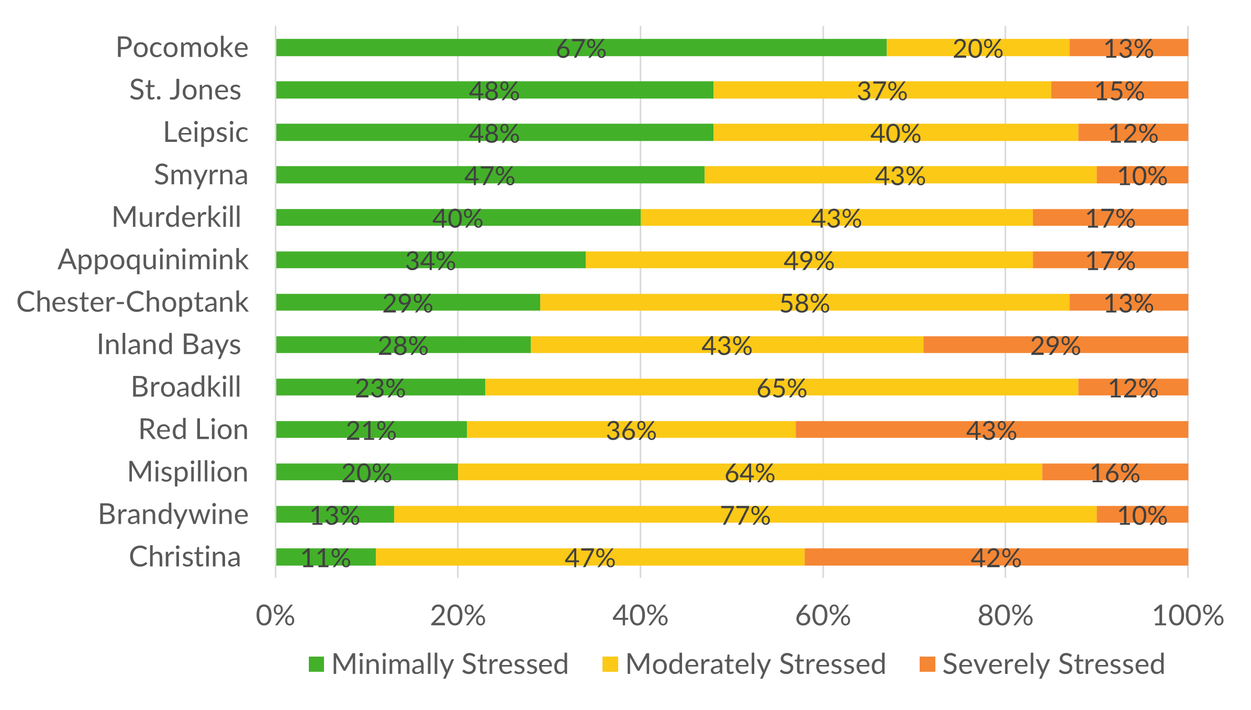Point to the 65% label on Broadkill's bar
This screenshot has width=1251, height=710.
click(781, 389)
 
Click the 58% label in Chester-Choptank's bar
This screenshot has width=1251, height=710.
click(805, 304)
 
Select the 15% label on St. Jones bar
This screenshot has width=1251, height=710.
click(1120, 91)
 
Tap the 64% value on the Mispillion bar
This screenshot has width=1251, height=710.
click(750, 473)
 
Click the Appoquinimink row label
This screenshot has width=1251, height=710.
click(153, 260)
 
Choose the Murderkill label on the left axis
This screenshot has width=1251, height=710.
click(176, 217)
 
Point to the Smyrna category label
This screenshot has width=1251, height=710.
click(201, 175)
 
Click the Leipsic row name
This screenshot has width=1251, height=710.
click(205, 132)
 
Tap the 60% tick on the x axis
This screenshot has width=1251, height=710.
click(823, 616)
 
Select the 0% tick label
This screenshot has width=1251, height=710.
click(275, 616)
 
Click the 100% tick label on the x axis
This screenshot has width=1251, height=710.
click(1188, 616)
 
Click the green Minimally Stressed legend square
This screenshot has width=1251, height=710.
click(316, 664)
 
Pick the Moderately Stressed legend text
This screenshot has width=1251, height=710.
click(755, 664)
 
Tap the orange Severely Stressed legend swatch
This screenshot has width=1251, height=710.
click(927, 664)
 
